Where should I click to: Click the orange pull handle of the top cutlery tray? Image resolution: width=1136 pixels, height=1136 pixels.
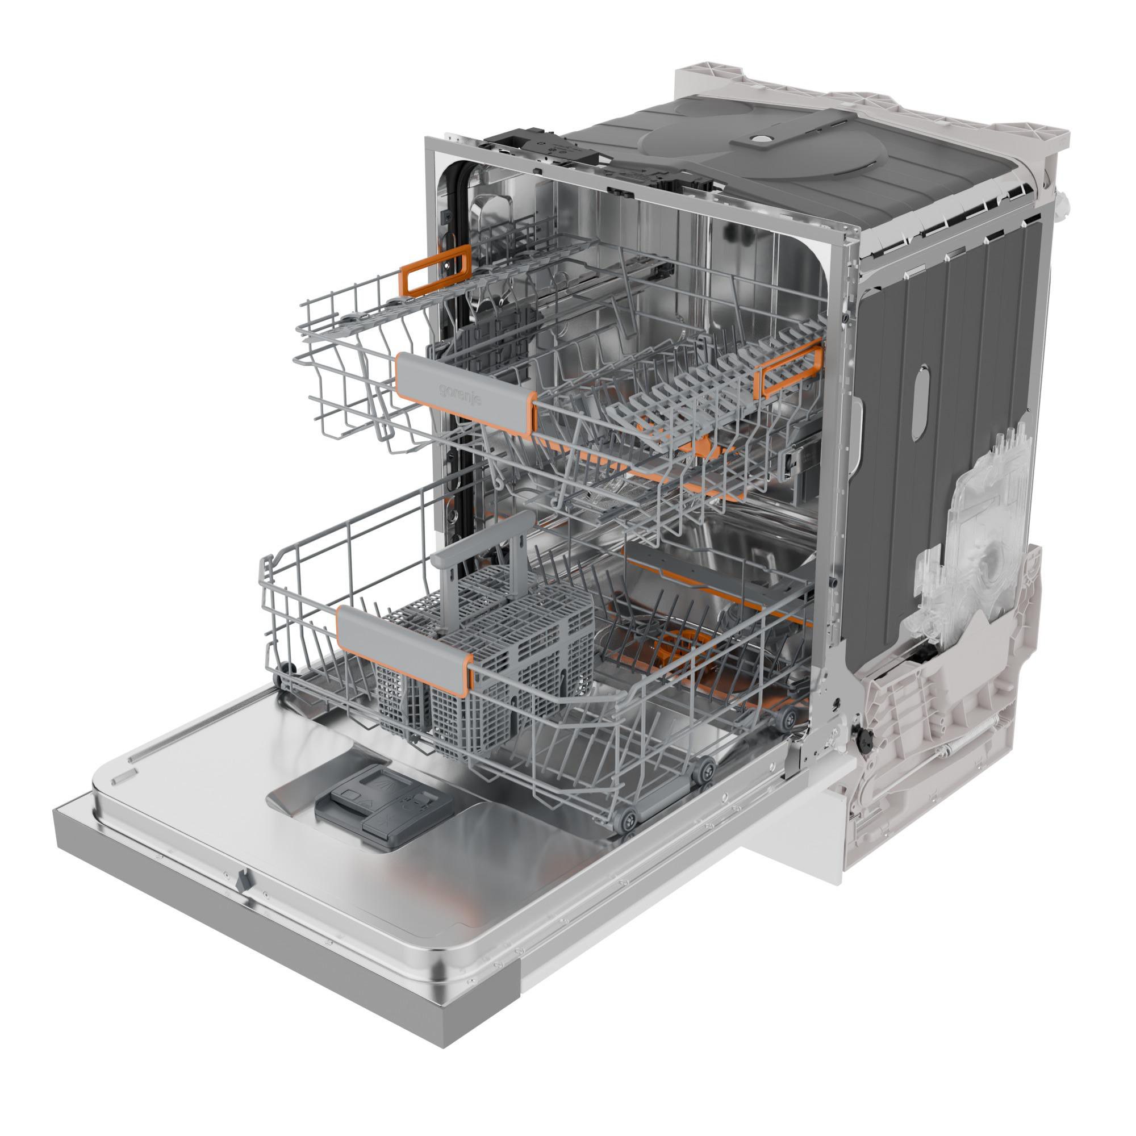click(x=435, y=270)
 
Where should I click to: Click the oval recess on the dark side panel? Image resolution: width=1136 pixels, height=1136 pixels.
click(x=920, y=403)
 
